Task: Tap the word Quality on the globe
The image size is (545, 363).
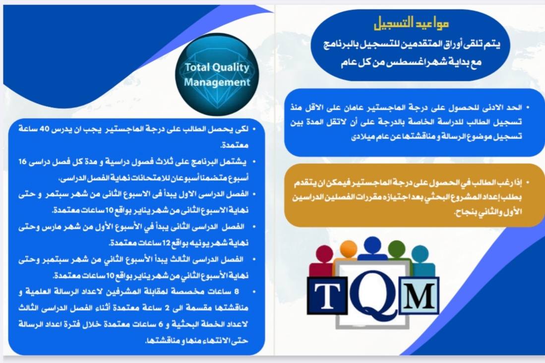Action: pyautogui.click(x=231, y=67)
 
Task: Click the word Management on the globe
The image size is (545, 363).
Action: pyautogui.click(x=217, y=82)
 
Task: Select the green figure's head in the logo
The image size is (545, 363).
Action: pyautogui.click(x=397, y=248)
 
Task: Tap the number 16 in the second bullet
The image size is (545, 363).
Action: pyautogui.click(x=22, y=162)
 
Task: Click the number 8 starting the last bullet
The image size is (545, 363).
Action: pyautogui.click(x=237, y=292)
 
